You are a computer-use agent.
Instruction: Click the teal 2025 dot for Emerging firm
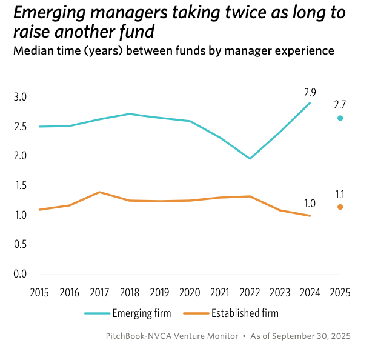(340, 118)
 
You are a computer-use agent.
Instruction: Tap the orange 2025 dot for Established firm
(340, 207)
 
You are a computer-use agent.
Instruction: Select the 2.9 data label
(310, 93)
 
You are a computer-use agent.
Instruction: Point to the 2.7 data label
(340, 105)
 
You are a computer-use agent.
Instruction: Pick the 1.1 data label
(340, 194)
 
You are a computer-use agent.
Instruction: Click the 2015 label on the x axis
(39, 292)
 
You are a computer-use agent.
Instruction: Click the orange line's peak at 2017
(99, 192)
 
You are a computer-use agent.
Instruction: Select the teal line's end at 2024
(310, 103)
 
